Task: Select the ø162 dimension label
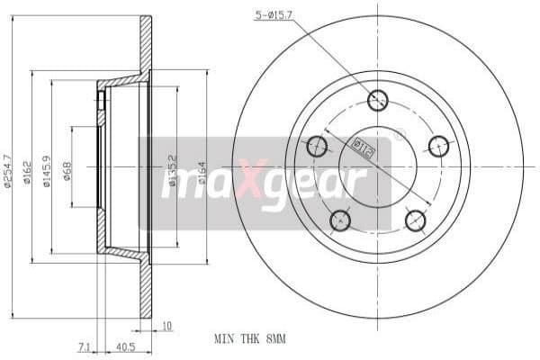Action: tap(27, 170)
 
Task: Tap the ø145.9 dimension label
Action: tap(46, 170)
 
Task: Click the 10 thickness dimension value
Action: tap(167, 326)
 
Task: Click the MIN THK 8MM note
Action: tap(250, 340)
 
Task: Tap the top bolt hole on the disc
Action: tap(378, 101)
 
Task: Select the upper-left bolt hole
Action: tap(317, 146)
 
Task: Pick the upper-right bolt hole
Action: tap(438, 146)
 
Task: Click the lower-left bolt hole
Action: tap(340, 220)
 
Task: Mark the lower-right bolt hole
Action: tap(415, 220)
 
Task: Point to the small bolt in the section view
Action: tap(101, 101)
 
